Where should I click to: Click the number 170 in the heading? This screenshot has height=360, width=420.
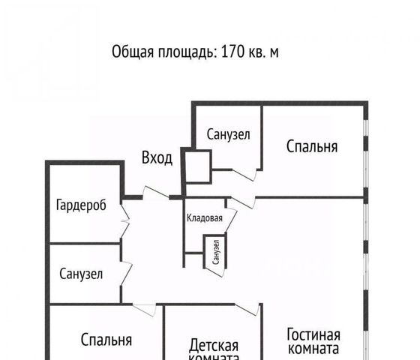[x=232, y=52]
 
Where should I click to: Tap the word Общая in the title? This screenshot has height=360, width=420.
[x=133, y=52]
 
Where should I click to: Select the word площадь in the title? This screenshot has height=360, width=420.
[x=187, y=52]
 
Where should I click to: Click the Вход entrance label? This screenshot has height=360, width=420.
[x=157, y=157]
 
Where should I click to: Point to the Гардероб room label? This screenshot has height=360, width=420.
[x=81, y=205]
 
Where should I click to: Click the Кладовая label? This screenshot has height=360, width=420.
[x=204, y=218]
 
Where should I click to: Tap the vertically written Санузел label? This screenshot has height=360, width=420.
[x=216, y=252]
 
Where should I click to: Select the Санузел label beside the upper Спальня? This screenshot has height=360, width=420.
[x=228, y=134]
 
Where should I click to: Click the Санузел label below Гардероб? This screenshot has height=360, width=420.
[x=81, y=274]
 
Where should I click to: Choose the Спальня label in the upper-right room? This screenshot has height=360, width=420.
[x=312, y=147]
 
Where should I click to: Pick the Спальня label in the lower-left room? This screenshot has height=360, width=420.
[x=106, y=340]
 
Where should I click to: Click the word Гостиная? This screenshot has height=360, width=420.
[x=313, y=334]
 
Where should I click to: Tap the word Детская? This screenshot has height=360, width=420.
[x=214, y=345]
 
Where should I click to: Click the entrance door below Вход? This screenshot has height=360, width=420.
[x=155, y=192]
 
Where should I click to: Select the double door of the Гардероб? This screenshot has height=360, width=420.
[x=125, y=221]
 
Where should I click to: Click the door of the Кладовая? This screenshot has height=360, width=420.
[x=232, y=216]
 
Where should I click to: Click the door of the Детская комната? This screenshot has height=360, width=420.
[x=247, y=310]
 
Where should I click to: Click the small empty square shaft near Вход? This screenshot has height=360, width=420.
[x=198, y=166]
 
